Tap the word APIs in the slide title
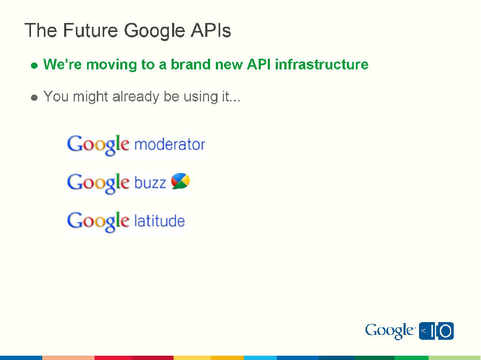click(211, 30)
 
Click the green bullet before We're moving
click(34, 66)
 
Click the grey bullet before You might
click(34, 98)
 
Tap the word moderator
click(169, 144)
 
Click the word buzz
click(150, 183)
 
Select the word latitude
click(159, 221)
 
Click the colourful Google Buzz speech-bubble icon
click(180, 182)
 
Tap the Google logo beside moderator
click(98, 145)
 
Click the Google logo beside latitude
click(98, 221)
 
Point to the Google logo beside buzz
click(98, 183)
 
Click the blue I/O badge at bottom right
click(436, 331)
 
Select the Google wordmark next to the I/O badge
click(389, 331)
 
